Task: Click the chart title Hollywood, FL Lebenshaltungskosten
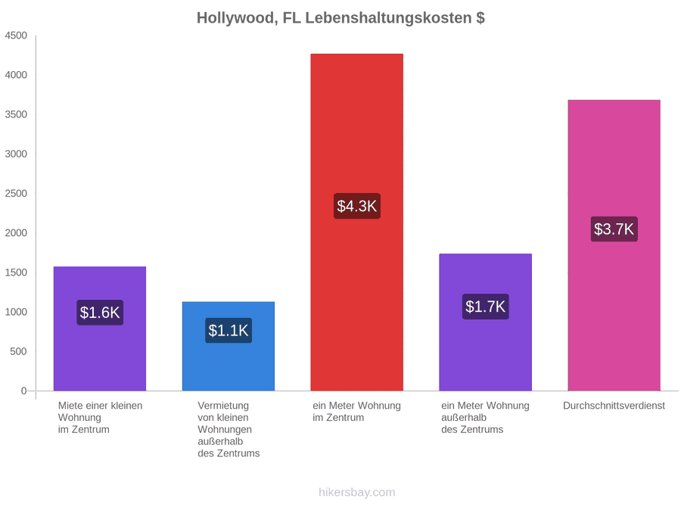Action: (340, 18)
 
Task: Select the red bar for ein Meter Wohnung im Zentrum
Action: (356, 222)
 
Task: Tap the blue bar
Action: (229, 346)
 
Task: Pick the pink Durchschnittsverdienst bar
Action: (614, 245)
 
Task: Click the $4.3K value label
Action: (357, 206)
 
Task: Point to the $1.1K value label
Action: (229, 330)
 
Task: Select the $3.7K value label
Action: (614, 229)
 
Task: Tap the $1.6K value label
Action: (100, 313)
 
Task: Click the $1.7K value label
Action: (486, 307)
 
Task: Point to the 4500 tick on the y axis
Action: (16, 36)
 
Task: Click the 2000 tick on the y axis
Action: (16, 233)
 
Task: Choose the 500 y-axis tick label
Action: (19, 351)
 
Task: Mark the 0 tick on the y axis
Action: (24, 391)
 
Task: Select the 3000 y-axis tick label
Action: (16, 154)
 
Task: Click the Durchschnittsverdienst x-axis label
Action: (614, 406)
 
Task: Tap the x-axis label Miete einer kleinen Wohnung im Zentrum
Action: (101, 418)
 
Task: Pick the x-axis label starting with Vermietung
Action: (229, 429)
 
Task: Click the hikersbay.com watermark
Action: (357, 492)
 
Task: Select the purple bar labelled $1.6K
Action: (100, 329)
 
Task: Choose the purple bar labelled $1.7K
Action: (486, 322)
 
